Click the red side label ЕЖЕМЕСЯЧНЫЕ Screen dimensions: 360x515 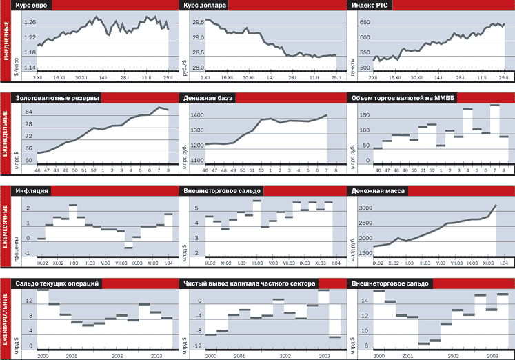pos(6,228)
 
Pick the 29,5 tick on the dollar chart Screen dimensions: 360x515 pos(199,23)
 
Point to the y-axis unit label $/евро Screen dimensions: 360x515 pos(16,60)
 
